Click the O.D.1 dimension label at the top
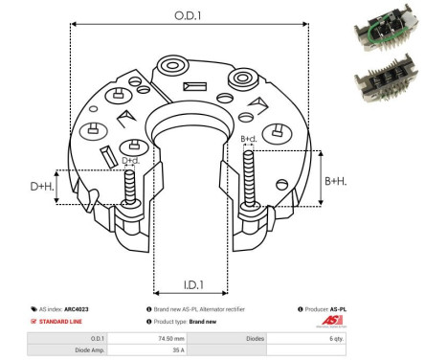point(189,15)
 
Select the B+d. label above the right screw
point(248,140)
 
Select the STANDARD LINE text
point(63,323)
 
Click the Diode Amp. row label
point(92,351)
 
